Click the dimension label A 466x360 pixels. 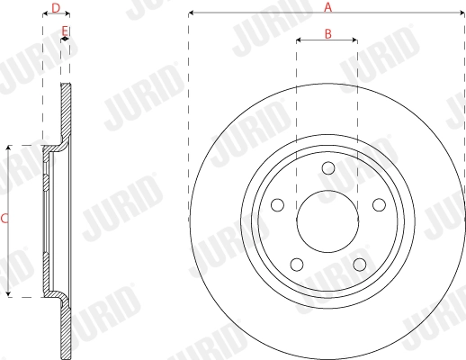tap(328, 7)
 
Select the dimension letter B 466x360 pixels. tap(328, 33)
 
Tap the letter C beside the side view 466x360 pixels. tap(4, 219)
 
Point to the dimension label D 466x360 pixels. tap(57, 8)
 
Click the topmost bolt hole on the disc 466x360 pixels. tap(327, 168)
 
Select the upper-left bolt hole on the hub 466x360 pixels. tap(277, 204)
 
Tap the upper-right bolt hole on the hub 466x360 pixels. tap(378, 204)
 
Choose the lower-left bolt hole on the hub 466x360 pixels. tap(296, 264)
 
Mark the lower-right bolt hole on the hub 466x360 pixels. tap(359, 264)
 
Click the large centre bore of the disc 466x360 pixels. tap(327, 220)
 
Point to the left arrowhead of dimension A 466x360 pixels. tap(192, 13)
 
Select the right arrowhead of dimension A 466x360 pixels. tap(462, 13)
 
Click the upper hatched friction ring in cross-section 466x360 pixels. tap(65, 112)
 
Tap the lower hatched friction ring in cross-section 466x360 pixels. tap(65, 328)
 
